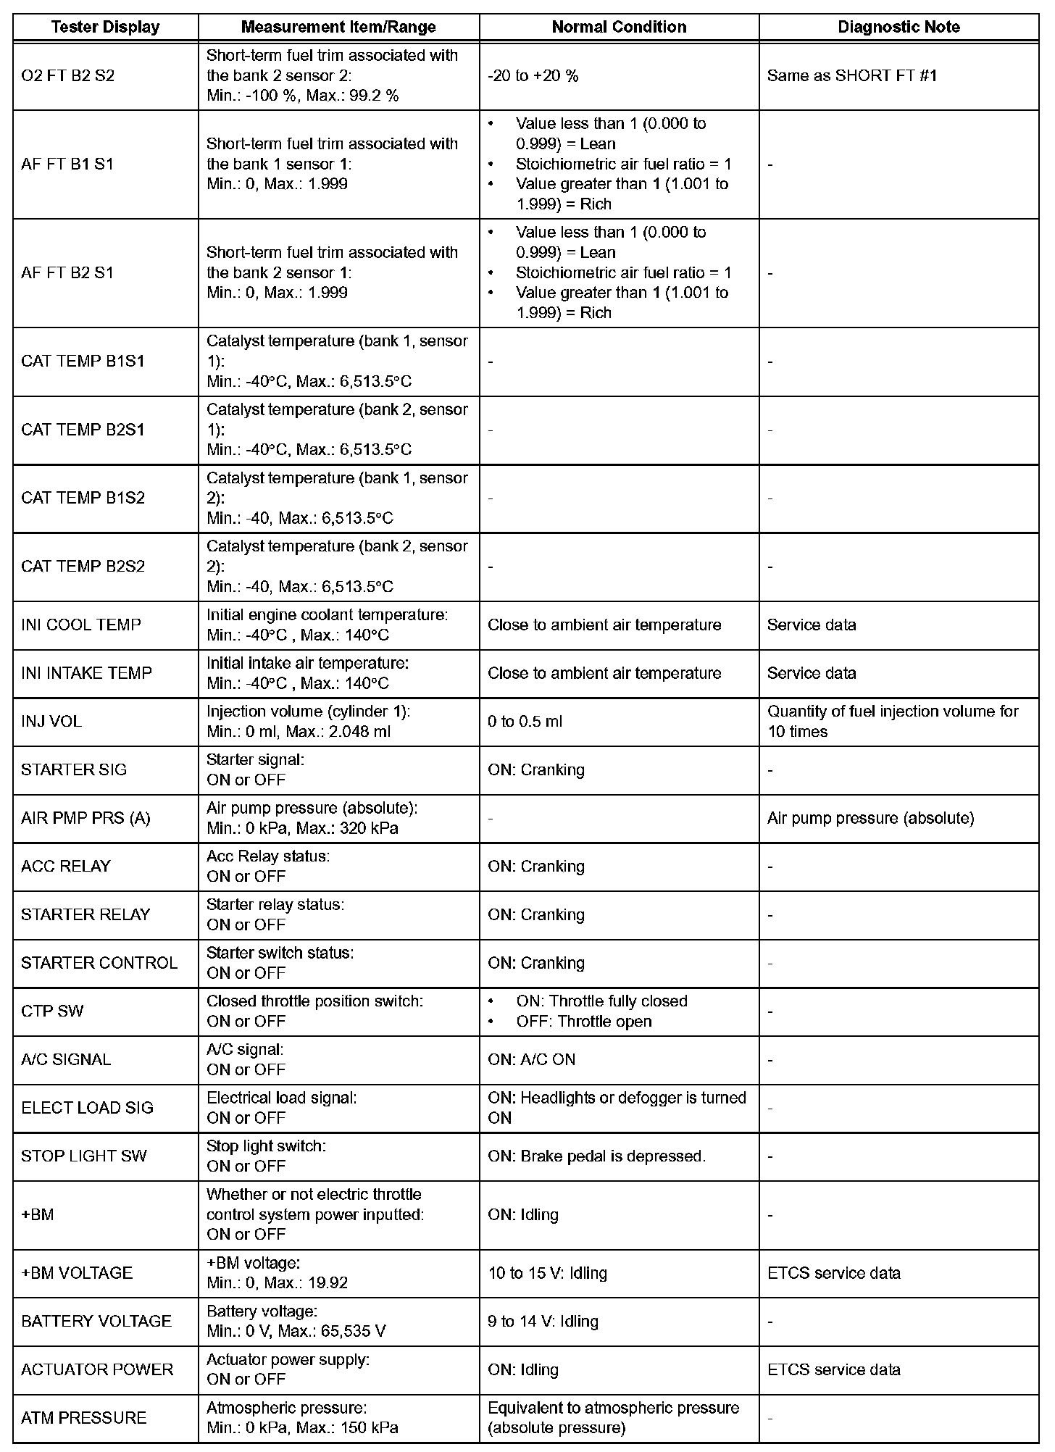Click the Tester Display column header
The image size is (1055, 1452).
[105, 28]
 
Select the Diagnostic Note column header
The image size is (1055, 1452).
[898, 28]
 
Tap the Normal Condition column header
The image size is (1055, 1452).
[619, 28]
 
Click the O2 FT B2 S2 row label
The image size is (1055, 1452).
[67, 75]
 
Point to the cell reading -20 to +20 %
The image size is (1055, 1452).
[533, 75]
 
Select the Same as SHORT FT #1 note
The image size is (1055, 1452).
[851, 75]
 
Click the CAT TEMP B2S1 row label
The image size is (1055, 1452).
[83, 430]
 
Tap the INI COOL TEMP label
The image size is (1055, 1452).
[80, 625]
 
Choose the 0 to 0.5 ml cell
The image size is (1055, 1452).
[525, 722]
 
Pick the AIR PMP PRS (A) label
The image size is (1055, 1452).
[86, 818]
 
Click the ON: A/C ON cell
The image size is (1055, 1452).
[531, 1059]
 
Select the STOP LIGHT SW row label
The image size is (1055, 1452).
[83, 1156]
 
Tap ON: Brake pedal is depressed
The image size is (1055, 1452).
[596, 1156]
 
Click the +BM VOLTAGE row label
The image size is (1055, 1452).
[77, 1273]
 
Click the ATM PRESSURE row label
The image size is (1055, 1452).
[83, 1418]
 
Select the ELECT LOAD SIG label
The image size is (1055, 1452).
[87, 1108]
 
